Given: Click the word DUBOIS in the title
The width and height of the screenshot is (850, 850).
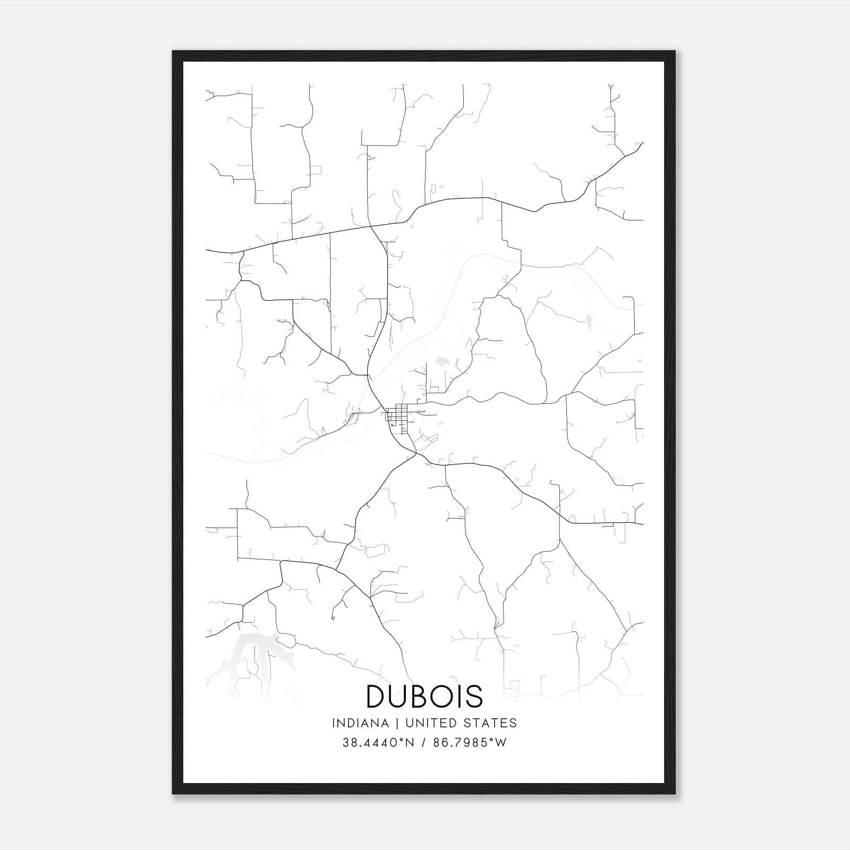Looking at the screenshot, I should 424,696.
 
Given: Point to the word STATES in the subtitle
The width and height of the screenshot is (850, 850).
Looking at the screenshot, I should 491,723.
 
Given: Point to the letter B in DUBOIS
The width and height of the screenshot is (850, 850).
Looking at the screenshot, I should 420,696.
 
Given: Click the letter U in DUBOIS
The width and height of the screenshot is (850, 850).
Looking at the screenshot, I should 399,696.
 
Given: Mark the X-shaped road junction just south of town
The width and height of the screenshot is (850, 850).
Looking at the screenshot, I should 415,455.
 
